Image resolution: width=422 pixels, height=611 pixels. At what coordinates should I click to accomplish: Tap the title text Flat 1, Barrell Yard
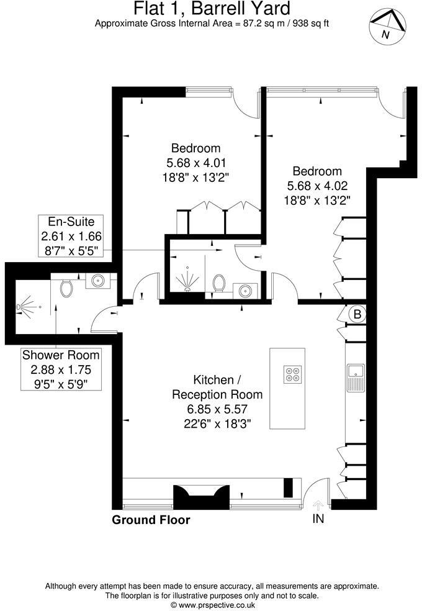212,9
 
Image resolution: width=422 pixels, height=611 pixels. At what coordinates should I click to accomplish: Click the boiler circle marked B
357,314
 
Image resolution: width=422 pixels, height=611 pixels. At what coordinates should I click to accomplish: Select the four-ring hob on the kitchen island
292,375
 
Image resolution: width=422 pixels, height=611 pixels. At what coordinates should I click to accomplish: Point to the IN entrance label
318,518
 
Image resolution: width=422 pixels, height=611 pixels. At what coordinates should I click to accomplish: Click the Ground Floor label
151,520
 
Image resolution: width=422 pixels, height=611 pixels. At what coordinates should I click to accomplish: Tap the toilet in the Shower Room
67,287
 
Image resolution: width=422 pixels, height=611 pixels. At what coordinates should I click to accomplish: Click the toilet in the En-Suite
218,283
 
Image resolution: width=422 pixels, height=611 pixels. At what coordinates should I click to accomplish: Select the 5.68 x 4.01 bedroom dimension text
195,163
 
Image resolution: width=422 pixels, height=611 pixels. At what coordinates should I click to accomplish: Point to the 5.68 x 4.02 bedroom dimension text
317,186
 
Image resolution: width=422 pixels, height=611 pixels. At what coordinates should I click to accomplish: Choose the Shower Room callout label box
61,369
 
